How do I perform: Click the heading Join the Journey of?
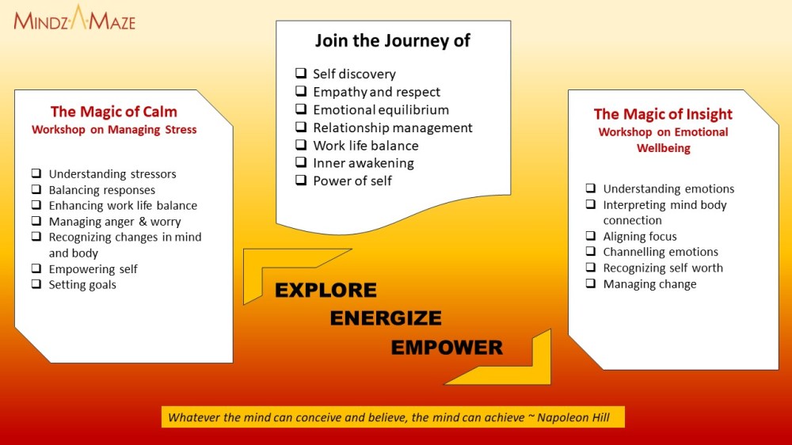click(392, 40)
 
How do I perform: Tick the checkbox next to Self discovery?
click(300, 74)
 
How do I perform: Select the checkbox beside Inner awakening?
click(300, 163)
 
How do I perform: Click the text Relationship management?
click(392, 127)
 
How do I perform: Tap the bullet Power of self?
click(352, 181)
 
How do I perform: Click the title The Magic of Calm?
click(114, 112)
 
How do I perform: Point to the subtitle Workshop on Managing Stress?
click(114, 130)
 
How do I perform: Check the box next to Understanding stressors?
click(36, 174)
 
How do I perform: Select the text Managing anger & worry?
click(115, 222)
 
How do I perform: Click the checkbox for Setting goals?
click(36, 284)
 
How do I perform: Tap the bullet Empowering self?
click(93, 269)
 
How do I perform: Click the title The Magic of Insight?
click(663, 114)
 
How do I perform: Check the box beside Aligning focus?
click(591, 236)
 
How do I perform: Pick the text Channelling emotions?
click(661, 252)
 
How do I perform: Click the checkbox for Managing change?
click(591, 283)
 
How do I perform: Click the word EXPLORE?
click(326, 291)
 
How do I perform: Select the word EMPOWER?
click(447, 348)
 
